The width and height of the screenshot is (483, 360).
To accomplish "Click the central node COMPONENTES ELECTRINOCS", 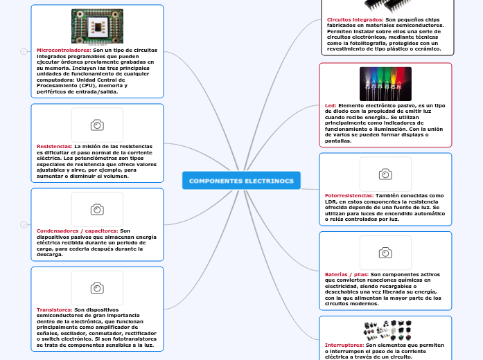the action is tap(241, 181).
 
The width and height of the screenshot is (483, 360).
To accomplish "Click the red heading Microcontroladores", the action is tap(64, 51).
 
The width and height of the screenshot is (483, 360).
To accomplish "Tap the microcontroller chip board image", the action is tap(97, 26).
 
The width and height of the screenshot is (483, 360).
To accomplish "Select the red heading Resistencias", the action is tap(55, 147).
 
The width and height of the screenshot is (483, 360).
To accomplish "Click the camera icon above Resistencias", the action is tap(97, 125).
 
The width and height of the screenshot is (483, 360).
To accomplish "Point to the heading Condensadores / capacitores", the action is tap(77, 231).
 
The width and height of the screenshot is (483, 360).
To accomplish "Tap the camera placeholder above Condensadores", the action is tap(97, 209).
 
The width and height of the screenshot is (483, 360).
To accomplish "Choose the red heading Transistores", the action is tap(54, 309).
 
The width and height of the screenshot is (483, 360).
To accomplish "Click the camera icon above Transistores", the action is tap(97, 287).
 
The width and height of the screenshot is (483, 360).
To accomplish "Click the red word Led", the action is tap(331, 105).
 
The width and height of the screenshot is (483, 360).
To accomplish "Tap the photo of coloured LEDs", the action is tap(385, 84).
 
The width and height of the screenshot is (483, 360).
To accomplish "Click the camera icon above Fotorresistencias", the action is tap(385, 174).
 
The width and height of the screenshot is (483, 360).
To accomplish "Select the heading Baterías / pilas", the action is tap(346, 274).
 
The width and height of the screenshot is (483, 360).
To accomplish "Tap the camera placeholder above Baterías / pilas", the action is tap(385, 253).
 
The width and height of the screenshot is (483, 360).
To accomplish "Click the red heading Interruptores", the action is tap(344, 344).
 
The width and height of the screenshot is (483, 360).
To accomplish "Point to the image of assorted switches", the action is tap(385, 328).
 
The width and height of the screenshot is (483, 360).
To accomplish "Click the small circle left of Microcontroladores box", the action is tap(24, 51).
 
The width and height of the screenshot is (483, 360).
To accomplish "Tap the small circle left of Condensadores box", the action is tap(24, 224).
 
